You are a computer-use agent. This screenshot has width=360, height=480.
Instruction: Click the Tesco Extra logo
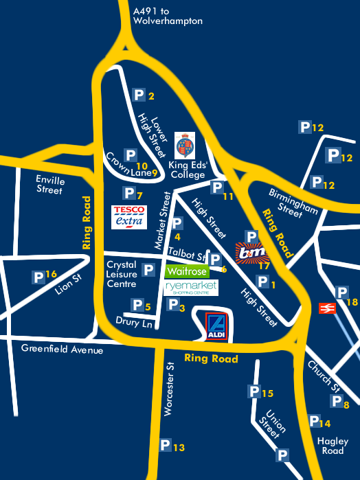point(128,216)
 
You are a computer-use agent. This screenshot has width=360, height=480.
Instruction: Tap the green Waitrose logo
point(186,271)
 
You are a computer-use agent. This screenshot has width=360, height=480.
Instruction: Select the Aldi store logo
point(216,327)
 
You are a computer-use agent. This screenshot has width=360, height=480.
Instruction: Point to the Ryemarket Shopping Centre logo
point(191,288)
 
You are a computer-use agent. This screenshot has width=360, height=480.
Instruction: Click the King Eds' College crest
point(185,145)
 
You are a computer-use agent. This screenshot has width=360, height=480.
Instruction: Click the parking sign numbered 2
point(139,95)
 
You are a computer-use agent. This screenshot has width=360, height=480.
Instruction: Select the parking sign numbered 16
point(39,277)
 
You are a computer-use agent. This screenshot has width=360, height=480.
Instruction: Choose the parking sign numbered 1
point(262,281)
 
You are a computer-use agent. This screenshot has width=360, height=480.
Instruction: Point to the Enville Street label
point(49,185)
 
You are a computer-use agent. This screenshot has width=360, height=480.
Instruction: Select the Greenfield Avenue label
point(62,350)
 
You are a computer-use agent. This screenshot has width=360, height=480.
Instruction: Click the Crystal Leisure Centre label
point(122,273)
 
